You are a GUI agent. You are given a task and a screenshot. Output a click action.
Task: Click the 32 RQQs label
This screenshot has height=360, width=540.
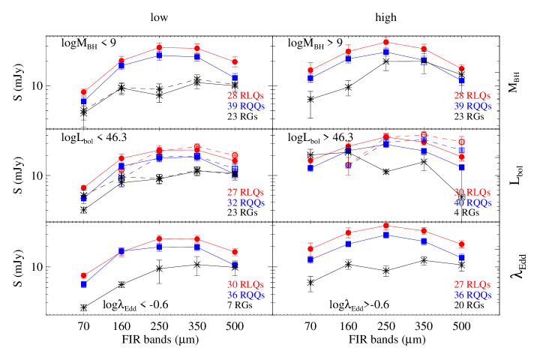click(246, 203)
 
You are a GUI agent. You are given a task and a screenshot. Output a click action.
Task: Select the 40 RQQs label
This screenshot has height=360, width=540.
click(472, 203)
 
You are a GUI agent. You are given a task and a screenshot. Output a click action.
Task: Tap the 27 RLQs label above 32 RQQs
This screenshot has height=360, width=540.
click(246, 193)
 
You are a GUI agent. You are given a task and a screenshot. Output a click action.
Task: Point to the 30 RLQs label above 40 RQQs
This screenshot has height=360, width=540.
click(472, 193)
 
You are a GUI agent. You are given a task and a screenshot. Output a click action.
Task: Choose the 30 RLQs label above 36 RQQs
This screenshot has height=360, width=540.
click(246, 285)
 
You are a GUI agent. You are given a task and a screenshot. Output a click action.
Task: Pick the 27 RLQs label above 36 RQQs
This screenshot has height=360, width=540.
click(472, 285)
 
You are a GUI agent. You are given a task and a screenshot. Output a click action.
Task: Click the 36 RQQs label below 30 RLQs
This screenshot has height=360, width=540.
click(246, 295)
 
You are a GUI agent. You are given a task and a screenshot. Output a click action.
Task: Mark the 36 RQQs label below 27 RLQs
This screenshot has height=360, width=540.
click(472, 295)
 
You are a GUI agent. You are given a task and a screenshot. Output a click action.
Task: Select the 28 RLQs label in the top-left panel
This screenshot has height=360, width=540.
click(246, 96)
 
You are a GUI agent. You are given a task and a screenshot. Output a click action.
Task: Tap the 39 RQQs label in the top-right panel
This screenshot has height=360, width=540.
click(472, 106)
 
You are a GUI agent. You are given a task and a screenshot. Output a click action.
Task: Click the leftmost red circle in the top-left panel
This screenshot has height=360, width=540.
click(83, 92)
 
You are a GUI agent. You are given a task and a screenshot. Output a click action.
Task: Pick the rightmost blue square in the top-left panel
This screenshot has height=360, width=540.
click(235, 76)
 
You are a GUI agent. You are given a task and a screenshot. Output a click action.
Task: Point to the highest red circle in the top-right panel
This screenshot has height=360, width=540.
click(385, 42)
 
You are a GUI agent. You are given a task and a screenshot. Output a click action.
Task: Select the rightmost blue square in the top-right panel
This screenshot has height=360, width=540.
click(461, 81)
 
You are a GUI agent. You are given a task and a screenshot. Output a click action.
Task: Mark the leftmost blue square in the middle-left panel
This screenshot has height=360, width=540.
click(83, 199)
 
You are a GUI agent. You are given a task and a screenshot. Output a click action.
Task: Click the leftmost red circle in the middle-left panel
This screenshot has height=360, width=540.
click(83, 188)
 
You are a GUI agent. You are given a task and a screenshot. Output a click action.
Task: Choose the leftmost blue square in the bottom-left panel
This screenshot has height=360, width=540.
click(83, 284)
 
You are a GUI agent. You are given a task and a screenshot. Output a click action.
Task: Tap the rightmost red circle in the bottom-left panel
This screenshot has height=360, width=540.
click(235, 253)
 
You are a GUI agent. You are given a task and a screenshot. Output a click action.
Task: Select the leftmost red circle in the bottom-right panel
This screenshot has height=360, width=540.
click(310, 249)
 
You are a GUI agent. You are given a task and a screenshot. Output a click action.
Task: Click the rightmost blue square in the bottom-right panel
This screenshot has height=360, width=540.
click(461, 257)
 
